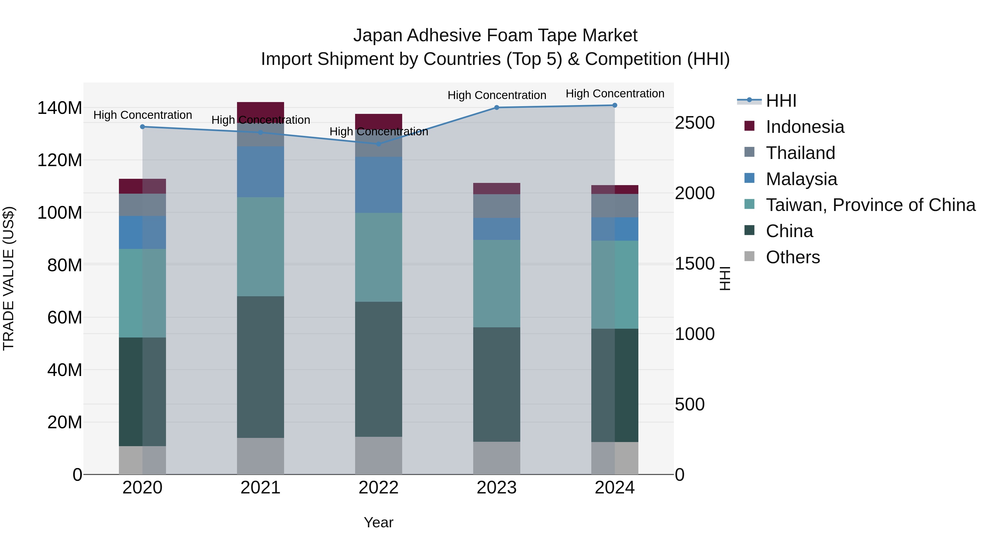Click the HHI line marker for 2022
click(379, 144)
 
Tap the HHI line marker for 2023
click(497, 108)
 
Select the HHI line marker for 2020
click(142, 127)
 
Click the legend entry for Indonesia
click(805, 127)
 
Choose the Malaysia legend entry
click(801, 179)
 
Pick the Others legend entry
click(793, 257)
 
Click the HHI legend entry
click(781, 101)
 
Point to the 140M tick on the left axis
click(60, 108)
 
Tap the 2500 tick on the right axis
click(695, 123)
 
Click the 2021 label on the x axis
click(260, 488)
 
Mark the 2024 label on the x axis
click(614, 488)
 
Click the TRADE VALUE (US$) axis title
click(9, 278)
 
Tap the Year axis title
click(379, 522)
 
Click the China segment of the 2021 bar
click(260, 367)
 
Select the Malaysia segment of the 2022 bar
click(379, 185)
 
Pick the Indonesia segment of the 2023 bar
click(497, 189)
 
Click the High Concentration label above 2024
click(615, 94)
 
